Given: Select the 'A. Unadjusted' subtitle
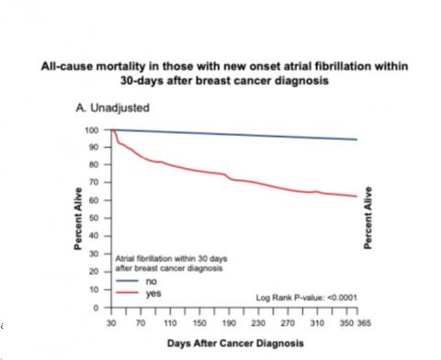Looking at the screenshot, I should click(x=112, y=107).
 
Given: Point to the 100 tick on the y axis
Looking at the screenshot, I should click(x=92, y=130).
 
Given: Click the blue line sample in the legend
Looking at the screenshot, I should click(x=128, y=282).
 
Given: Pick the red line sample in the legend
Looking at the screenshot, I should click(x=128, y=294).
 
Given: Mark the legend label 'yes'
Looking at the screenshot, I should click(x=153, y=294).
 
